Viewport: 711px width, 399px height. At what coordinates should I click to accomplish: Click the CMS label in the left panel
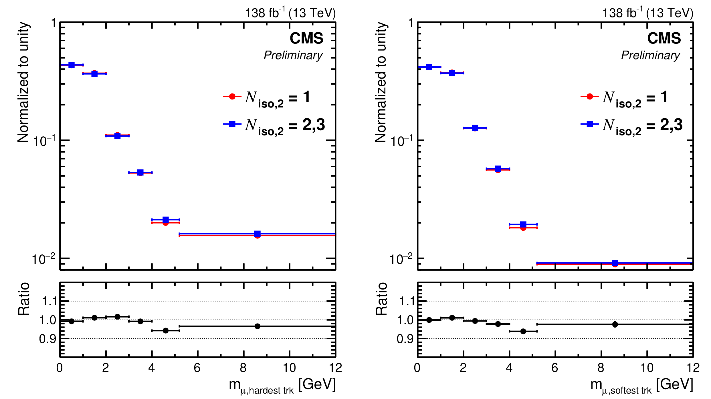point(306,38)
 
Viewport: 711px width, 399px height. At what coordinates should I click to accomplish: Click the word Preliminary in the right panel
point(650,55)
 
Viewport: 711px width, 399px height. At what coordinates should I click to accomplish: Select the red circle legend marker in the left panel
point(232,96)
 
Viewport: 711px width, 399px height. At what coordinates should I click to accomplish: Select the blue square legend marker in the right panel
point(589,124)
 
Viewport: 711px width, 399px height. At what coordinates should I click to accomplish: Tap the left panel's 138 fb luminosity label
point(290,13)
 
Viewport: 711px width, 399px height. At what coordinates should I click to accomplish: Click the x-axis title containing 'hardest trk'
point(282,386)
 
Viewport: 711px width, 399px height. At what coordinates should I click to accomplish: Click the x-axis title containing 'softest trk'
point(641,386)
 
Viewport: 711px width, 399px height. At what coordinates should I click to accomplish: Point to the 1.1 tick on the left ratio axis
point(49,301)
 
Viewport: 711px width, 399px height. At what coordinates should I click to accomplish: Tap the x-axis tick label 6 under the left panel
point(197,368)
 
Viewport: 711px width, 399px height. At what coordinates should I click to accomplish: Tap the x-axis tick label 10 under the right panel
point(647,368)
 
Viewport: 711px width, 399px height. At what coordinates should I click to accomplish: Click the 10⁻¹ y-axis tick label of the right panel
point(401,141)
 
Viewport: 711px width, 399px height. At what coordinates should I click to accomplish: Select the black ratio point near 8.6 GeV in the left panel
point(257,326)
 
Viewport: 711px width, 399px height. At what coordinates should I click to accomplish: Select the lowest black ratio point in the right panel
point(523,331)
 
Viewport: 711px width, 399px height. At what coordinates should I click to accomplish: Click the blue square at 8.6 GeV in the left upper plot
point(257,234)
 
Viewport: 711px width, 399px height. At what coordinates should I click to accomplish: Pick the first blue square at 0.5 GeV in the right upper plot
point(429,67)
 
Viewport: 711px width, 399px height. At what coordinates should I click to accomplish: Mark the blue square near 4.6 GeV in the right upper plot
point(523,224)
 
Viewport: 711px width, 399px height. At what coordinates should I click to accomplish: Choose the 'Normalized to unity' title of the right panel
point(381,82)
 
